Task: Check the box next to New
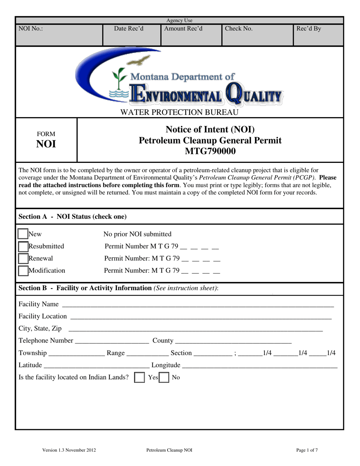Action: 23,234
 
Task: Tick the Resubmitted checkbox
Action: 23,247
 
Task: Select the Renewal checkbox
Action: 23,259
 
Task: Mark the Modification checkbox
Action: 23,271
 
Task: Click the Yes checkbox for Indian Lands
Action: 140,378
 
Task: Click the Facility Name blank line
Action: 197,305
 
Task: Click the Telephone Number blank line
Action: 112,341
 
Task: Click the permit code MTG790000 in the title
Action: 210,152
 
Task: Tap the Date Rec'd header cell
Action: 129,28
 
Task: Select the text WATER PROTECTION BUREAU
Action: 179,112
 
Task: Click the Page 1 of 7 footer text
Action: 307,450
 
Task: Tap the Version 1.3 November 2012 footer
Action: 69,450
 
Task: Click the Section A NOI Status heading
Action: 73,217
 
